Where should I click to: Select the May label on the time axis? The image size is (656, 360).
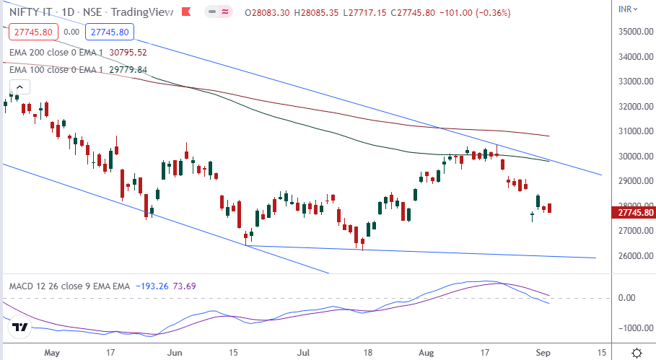pos(51,354)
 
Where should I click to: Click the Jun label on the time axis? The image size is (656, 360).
pos(174,354)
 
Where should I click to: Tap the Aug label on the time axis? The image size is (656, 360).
pos(427,354)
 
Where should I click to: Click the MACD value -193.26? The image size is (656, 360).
pos(152,286)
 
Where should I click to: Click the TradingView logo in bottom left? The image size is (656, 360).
pos(20,328)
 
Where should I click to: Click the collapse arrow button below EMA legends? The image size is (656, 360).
pos(19,87)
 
